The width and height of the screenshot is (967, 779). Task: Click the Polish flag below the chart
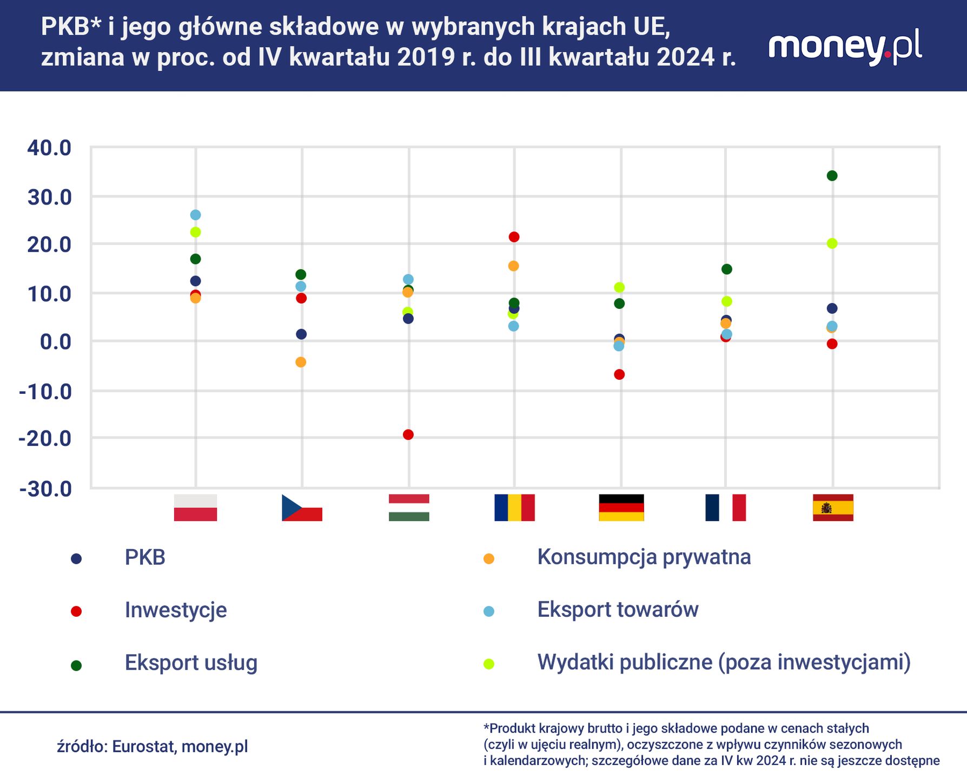195,507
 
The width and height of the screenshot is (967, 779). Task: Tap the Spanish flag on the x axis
833,507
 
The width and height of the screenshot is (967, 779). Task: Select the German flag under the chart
621,507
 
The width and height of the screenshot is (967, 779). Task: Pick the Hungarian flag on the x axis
409,507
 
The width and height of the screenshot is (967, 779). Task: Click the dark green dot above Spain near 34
832,176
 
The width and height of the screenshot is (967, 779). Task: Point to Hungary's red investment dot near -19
408,434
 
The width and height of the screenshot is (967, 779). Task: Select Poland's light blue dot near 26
195,215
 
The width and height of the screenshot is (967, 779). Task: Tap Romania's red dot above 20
514,237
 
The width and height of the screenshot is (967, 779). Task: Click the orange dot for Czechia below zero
301,362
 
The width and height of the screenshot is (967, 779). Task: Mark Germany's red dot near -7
619,374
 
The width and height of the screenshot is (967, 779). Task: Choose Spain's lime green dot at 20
832,243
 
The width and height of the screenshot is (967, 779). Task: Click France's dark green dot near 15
726,269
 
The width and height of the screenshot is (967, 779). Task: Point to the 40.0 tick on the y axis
49,148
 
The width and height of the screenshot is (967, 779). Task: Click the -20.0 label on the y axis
45,438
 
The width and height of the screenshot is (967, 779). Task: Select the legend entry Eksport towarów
617,610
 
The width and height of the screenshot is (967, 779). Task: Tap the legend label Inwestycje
176,610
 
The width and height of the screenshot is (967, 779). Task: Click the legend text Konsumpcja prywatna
644,557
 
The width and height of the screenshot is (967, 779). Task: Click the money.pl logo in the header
845,48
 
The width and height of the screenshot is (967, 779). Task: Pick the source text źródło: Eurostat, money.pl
153,747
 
